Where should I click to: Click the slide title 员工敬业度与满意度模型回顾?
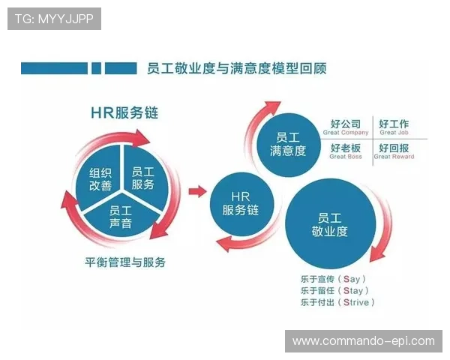pos(232,69)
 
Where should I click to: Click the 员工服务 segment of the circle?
pos(142,178)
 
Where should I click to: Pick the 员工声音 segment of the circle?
pos(120,216)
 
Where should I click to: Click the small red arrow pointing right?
pos(197,191)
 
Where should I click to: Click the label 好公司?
pos(345,124)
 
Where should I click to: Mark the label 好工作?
pos(394,124)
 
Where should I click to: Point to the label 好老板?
pos(345,148)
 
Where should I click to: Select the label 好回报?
pos(394,148)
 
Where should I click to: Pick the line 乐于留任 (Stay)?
pos(334,290)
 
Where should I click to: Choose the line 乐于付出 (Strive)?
pos(337,302)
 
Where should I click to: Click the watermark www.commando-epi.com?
pos(363,341)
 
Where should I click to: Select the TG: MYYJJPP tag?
pos(54,19)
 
